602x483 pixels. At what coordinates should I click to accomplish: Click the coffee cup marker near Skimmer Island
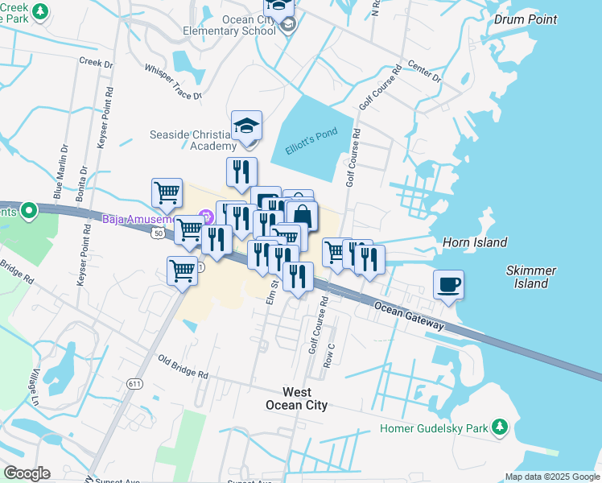point(448,284)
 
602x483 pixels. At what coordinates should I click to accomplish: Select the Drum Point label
point(526,19)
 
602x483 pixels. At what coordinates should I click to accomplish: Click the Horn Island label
point(475,242)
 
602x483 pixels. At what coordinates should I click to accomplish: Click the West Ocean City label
point(297,398)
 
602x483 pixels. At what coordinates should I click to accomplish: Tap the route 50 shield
point(157,232)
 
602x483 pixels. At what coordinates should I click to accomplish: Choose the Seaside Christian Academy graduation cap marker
point(246,126)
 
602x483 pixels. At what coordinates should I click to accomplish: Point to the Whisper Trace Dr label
point(172,82)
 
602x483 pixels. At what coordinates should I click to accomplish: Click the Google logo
point(27,473)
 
